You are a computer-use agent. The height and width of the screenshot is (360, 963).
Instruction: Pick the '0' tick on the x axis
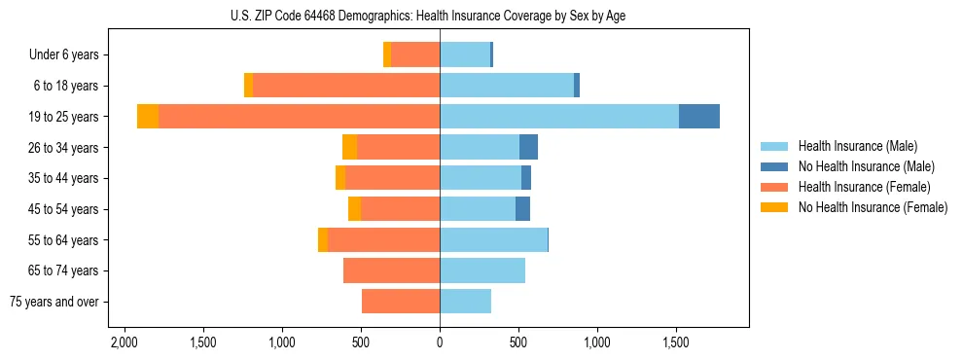[440, 343]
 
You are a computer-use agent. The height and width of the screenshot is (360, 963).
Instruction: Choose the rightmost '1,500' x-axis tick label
[676, 343]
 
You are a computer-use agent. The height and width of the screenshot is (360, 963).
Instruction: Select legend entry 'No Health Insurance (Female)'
[873, 207]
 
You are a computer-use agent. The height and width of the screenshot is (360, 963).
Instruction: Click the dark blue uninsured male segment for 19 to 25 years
[698, 117]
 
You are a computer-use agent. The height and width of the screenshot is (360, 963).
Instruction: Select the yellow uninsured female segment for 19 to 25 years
[148, 117]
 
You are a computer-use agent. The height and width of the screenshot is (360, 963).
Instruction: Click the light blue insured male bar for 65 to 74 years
[482, 270]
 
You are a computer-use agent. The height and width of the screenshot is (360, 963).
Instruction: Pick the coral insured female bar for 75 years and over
[401, 302]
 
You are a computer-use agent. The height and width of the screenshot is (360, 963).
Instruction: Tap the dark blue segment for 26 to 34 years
[528, 147]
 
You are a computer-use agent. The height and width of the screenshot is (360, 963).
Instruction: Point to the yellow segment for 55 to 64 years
[323, 239]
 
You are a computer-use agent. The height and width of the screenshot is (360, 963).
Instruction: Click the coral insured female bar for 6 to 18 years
[346, 86]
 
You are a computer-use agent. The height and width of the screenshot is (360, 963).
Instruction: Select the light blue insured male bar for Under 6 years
[465, 54]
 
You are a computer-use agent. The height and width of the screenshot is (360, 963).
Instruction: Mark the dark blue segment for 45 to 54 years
[522, 209]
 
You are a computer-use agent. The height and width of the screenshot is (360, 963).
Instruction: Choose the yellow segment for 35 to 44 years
[340, 178]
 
